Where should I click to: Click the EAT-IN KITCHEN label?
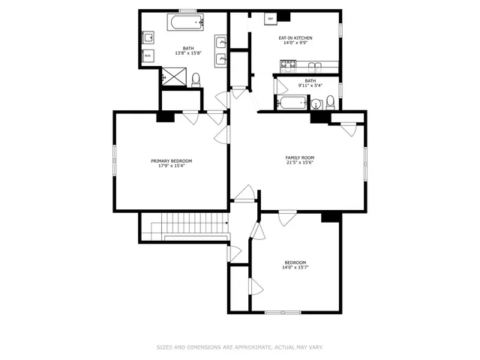pos(295,37)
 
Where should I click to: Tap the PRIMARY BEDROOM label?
pos(171,160)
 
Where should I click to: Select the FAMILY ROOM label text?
pos(299,157)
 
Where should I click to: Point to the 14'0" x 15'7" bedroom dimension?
pos(295,267)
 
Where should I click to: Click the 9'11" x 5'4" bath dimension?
pos(310,85)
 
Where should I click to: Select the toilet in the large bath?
pos(196,78)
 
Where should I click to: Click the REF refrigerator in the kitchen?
pos(271,18)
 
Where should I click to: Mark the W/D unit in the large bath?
pos(148,56)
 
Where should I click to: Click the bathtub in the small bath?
pos(291,103)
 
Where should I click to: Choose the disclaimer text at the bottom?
pos(240,347)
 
